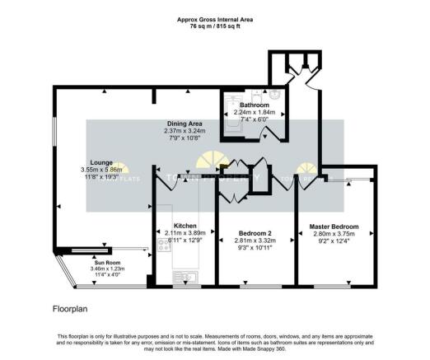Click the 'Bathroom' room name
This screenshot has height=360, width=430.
point(254,105)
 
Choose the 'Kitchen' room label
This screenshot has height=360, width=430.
point(185,225)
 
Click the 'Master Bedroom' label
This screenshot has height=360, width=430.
point(334,226)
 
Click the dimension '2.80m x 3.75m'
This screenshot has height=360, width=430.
point(334,234)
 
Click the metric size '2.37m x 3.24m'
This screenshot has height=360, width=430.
point(183,130)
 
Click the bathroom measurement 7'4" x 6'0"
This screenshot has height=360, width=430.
point(254,119)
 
